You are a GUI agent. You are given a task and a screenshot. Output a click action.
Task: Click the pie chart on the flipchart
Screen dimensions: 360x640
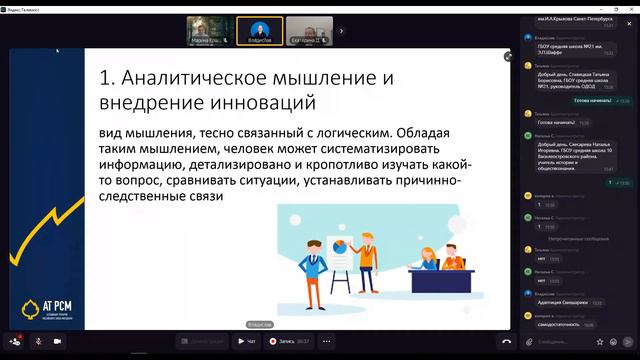point(339,245)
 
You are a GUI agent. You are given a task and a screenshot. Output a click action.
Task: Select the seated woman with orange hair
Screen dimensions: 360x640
point(427,259)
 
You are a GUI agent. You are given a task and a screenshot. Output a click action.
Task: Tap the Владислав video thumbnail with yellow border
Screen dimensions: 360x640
point(259,31)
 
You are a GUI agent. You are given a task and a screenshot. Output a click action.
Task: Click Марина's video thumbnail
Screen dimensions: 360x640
point(209,31)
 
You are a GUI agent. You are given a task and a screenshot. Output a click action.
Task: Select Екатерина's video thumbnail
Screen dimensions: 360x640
point(309,31)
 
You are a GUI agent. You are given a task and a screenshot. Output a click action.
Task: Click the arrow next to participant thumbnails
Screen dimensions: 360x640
point(341,31)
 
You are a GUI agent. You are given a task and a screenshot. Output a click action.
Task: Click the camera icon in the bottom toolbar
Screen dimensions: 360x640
point(58,341)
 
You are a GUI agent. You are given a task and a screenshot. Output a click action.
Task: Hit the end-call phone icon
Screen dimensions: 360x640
point(506,341)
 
